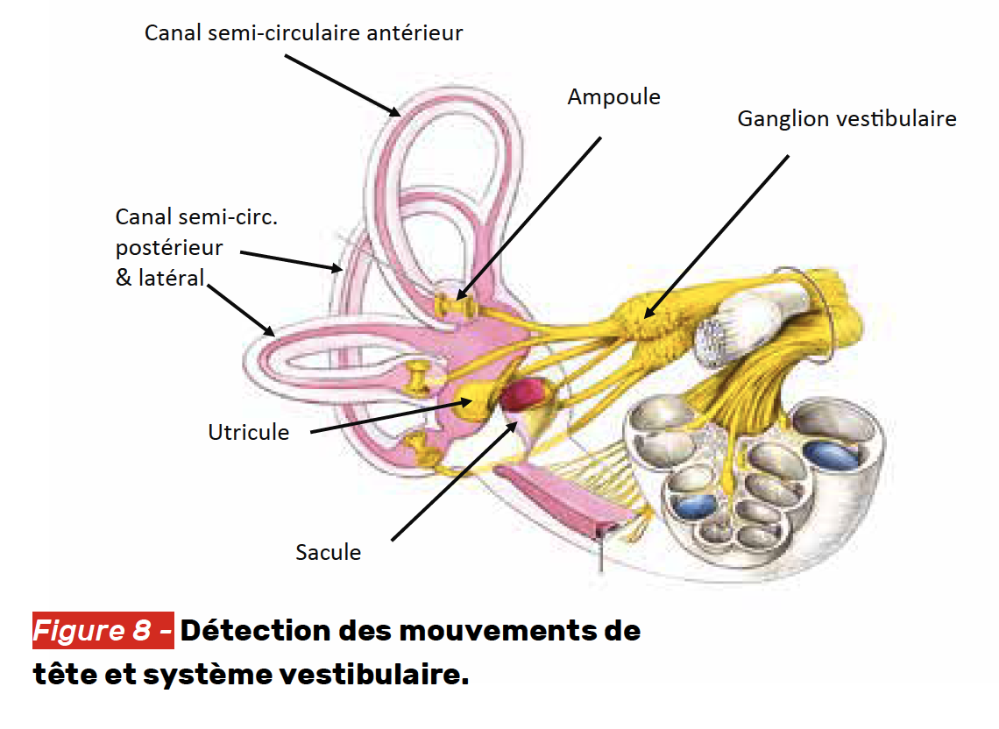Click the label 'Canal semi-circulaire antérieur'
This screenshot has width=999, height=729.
(x=303, y=33)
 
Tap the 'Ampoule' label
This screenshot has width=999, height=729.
(x=613, y=96)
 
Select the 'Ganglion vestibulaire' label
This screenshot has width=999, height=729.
(x=847, y=118)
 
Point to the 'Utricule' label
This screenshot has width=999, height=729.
(x=248, y=432)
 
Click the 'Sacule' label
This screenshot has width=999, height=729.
(x=328, y=552)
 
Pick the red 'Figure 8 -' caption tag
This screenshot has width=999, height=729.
(x=103, y=631)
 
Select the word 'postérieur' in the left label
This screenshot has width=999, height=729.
(x=169, y=248)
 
